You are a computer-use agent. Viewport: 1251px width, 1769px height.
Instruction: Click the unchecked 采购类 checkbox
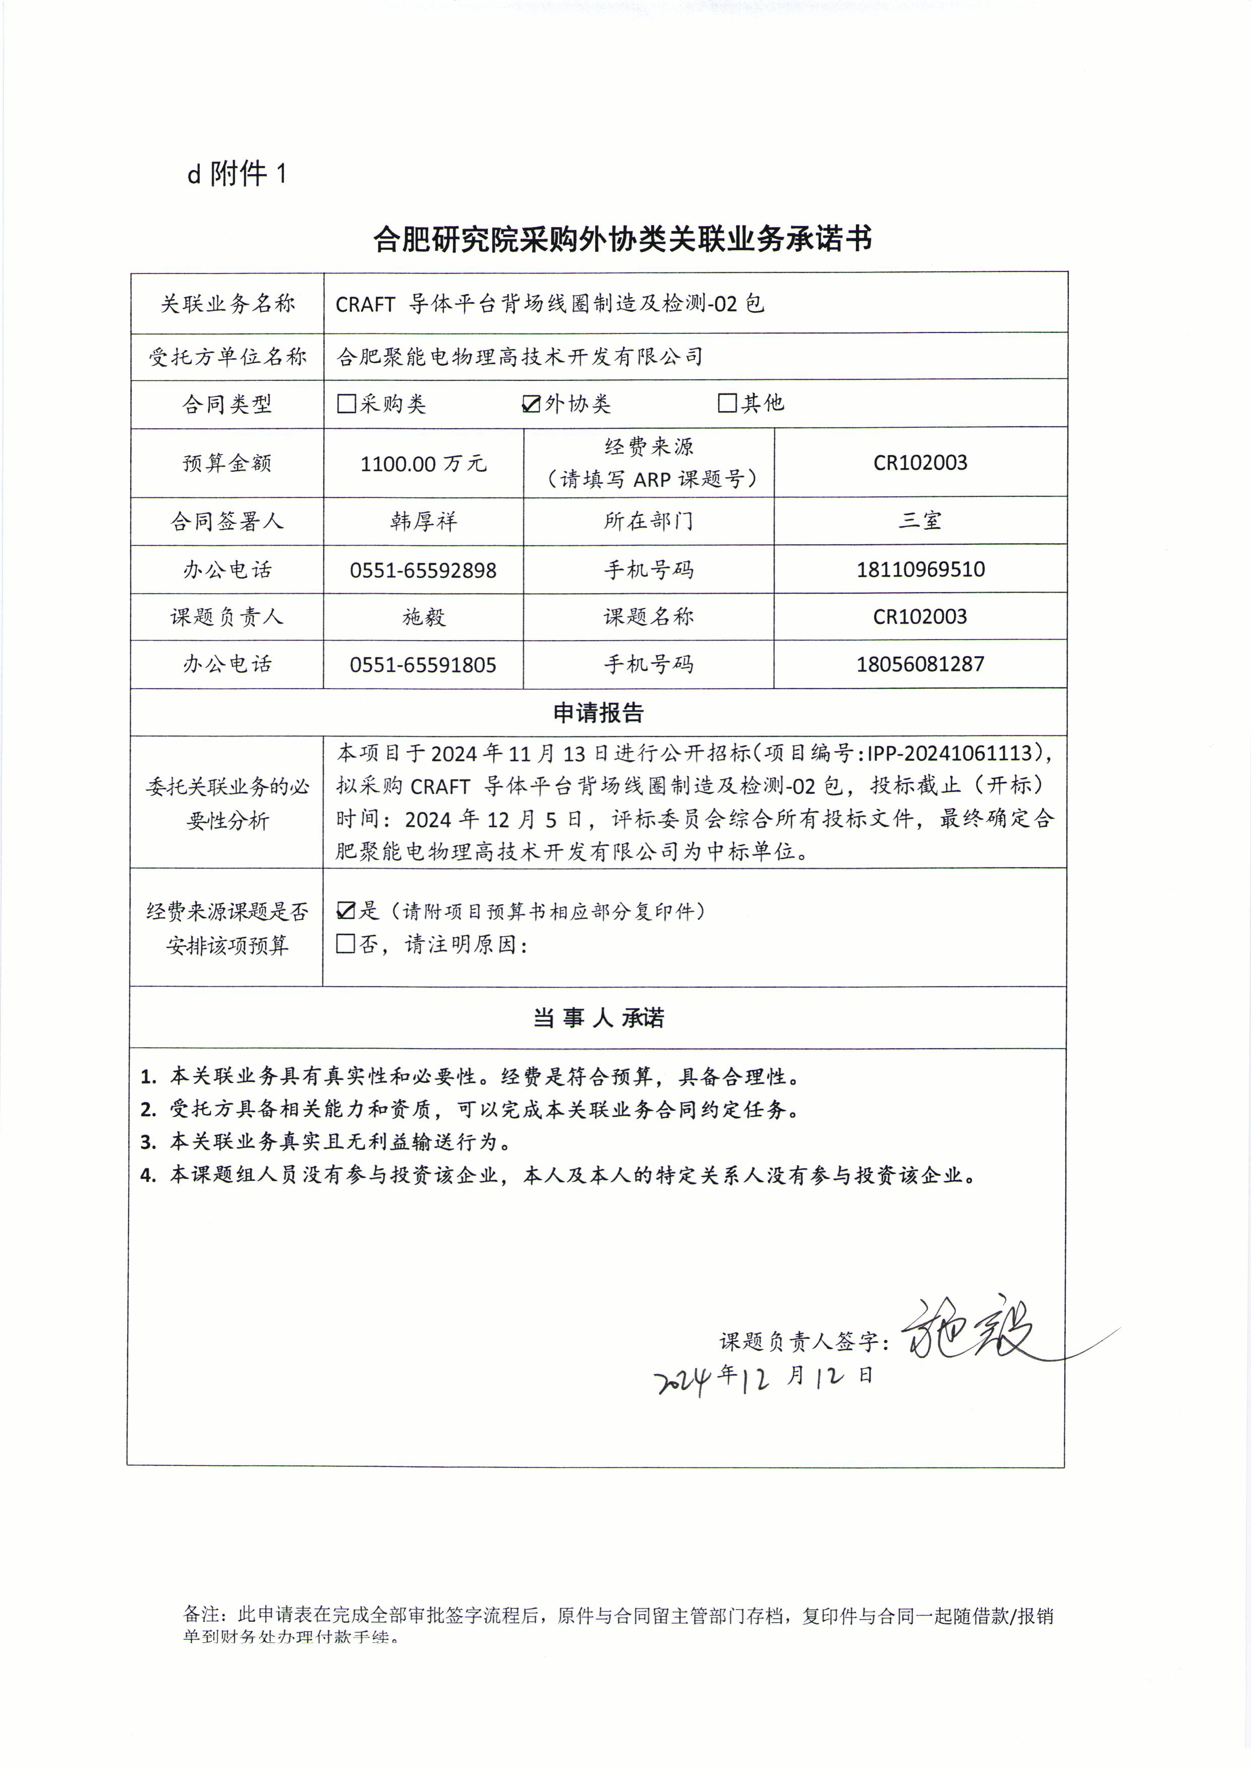[347, 404]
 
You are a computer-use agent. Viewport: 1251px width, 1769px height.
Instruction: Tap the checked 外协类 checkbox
[531, 404]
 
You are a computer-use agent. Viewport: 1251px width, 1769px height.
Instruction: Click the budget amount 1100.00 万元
[423, 463]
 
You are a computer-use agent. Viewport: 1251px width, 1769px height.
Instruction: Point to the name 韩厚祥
[423, 522]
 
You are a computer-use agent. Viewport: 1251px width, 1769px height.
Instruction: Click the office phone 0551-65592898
[423, 570]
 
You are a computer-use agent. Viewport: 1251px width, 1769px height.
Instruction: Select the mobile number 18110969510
[921, 569]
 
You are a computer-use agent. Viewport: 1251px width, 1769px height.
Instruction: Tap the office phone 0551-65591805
[423, 665]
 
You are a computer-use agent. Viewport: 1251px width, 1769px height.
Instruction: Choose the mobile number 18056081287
[921, 664]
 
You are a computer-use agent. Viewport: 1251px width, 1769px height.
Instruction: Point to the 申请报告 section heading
[598, 713]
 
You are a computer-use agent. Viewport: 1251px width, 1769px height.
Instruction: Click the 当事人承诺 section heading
[598, 1018]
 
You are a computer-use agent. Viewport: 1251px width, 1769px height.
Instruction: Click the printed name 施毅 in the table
[423, 617]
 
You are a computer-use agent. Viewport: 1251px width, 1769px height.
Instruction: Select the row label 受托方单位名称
[227, 357]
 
